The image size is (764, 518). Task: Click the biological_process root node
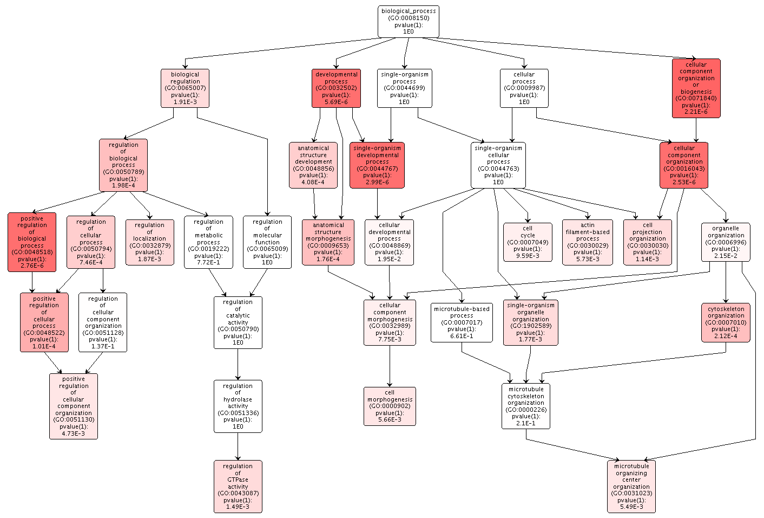point(408,22)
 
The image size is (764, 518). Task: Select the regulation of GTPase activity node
point(238,486)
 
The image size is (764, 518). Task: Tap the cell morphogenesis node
point(390,406)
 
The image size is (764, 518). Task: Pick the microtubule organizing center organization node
point(631,486)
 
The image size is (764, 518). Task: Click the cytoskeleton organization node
point(726,322)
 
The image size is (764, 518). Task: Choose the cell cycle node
point(528,242)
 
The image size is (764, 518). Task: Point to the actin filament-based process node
point(588,242)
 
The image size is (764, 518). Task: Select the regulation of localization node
point(150,242)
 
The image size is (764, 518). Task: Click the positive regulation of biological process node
point(32,242)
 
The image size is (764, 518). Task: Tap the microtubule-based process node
point(462,322)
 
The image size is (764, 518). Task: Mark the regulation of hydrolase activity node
point(238,406)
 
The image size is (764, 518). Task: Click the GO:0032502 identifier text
point(336,88)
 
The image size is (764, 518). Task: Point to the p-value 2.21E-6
point(696,112)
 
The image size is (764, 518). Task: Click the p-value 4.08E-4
point(313,182)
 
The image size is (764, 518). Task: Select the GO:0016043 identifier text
point(684,169)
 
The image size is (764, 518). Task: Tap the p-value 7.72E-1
point(208,262)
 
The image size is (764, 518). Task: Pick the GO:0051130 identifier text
point(74,419)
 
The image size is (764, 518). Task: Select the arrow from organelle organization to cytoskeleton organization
point(726,282)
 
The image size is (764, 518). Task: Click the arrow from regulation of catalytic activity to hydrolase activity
point(238,364)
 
